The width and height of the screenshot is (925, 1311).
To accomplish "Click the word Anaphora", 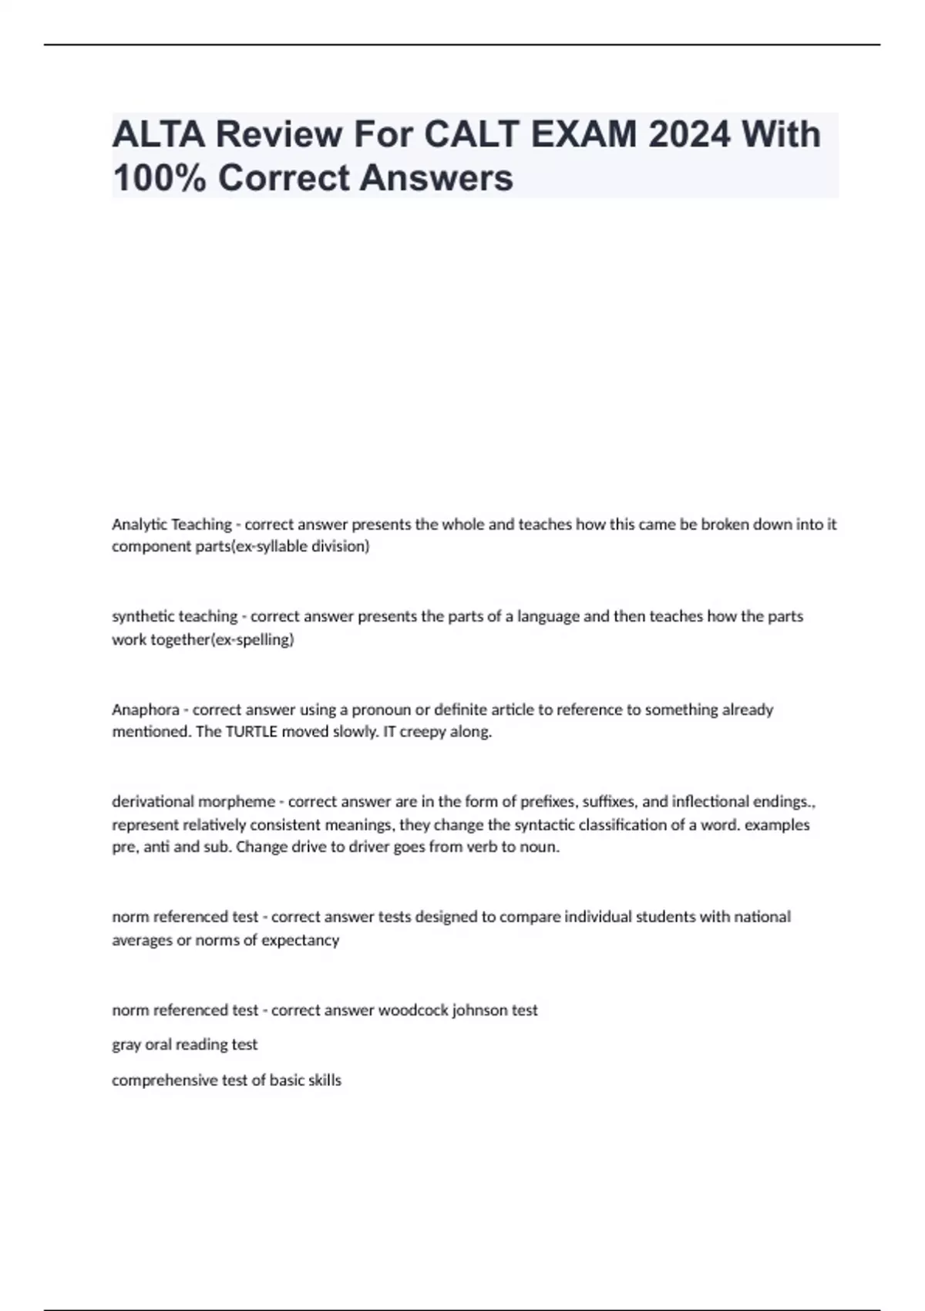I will [x=145, y=709].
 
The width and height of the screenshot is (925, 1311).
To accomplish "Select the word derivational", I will [x=154, y=802].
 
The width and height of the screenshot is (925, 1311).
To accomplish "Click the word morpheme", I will [x=238, y=802].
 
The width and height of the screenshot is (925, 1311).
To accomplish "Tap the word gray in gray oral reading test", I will [x=126, y=1045].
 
